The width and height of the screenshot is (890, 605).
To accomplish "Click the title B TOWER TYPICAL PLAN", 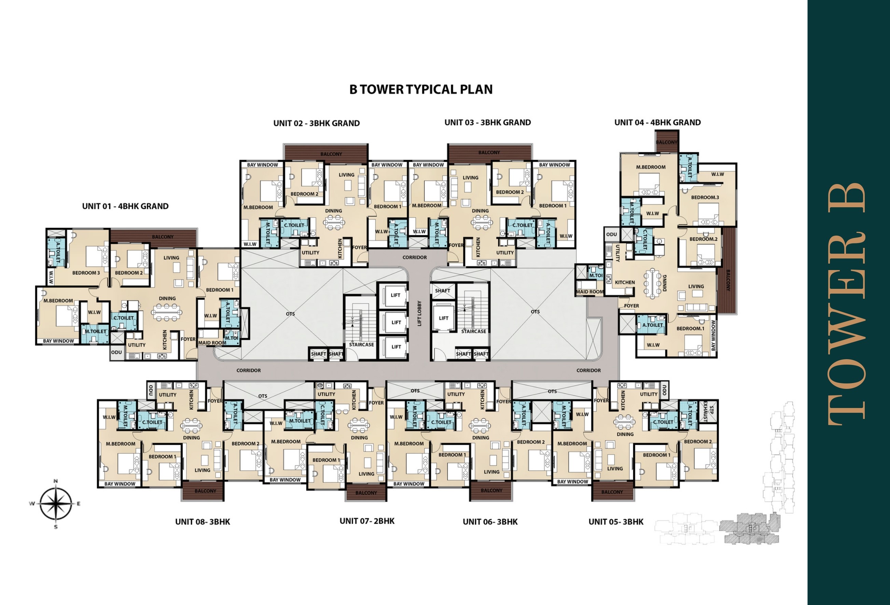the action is click(x=421, y=89).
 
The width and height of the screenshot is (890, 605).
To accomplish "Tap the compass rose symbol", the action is click(x=56, y=504).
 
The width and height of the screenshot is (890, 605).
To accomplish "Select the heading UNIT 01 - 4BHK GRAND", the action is click(x=125, y=206).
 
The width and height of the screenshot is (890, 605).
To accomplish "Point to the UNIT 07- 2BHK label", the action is click(x=367, y=521).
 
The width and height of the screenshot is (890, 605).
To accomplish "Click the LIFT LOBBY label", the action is click(x=419, y=313).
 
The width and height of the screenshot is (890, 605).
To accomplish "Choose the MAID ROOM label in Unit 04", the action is click(x=590, y=292).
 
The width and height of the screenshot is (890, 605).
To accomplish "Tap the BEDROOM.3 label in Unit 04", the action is click(x=705, y=197).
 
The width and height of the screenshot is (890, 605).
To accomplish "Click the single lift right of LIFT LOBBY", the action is click(x=444, y=318).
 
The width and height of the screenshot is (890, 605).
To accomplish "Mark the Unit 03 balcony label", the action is click(x=489, y=152).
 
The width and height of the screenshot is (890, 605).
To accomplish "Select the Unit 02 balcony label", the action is click(x=331, y=154).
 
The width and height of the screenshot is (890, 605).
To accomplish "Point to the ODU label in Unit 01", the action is click(x=116, y=352).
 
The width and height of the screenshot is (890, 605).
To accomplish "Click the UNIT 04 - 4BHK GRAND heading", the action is click(x=657, y=123).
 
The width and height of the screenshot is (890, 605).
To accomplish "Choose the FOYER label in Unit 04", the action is click(x=631, y=306).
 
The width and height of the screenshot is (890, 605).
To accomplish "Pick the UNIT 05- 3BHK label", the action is click(x=616, y=522).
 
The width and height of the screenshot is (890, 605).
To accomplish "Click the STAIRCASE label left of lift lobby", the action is click(x=361, y=344).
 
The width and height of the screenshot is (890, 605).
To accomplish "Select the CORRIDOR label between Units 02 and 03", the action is click(x=414, y=257).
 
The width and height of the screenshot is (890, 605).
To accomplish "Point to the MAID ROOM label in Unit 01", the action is click(x=212, y=343).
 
